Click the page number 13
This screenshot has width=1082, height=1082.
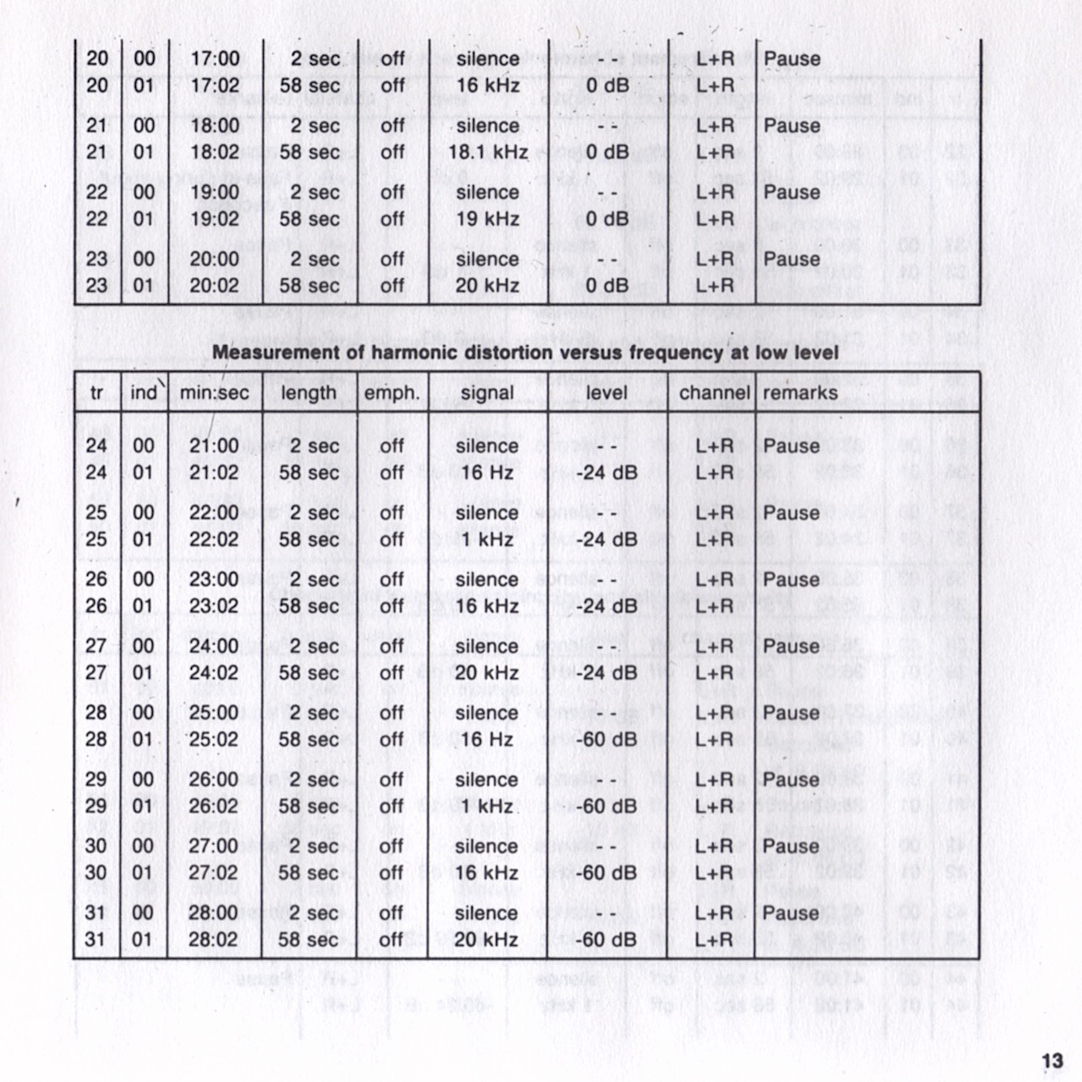(x=1052, y=1061)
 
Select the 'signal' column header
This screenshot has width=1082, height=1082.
(x=487, y=393)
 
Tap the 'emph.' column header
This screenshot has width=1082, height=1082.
(x=391, y=393)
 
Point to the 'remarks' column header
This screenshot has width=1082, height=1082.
(x=800, y=393)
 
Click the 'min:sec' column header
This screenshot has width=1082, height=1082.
(x=215, y=393)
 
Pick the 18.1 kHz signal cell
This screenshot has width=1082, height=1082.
(x=488, y=152)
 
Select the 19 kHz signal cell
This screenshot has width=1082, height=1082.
(x=488, y=219)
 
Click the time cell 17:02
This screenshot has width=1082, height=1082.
(x=215, y=85)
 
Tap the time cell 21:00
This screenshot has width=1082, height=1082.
(x=214, y=445)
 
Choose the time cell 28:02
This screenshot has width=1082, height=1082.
(x=214, y=939)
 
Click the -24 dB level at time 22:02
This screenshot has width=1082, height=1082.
(x=607, y=539)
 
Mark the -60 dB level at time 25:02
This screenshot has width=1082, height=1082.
(x=607, y=740)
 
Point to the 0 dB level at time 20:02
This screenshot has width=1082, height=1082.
(x=607, y=286)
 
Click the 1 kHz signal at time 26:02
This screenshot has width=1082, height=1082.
(x=487, y=806)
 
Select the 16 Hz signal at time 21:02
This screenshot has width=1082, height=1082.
(x=487, y=473)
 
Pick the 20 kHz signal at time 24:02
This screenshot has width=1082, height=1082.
(x=487, y=673)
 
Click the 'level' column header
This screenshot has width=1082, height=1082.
(x=607, y=393)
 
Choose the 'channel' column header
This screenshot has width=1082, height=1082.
(x=714, y=393)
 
